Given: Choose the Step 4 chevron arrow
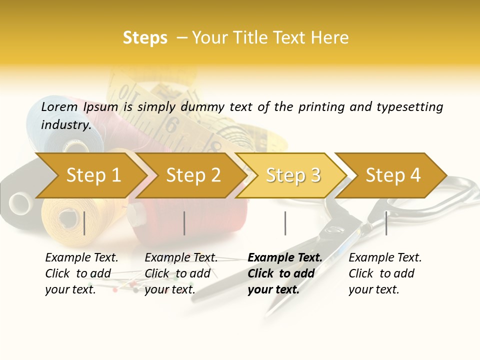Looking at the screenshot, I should click(393, 175).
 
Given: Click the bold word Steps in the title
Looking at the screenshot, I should click(145, 38).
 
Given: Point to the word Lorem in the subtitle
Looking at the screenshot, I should click(59, 106).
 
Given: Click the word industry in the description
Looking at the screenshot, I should click(65, 124).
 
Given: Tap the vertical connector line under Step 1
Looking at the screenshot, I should click(84, 223).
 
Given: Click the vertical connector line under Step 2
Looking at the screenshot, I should click(184, 223).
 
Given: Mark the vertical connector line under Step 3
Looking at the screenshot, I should click(285, 223).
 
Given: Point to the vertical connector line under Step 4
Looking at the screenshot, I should click(386, 223).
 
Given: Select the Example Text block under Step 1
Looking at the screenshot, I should click(81, 273).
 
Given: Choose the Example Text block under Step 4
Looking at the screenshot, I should click(385, 273).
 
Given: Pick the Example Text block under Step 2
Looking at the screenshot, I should click(181, 273).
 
